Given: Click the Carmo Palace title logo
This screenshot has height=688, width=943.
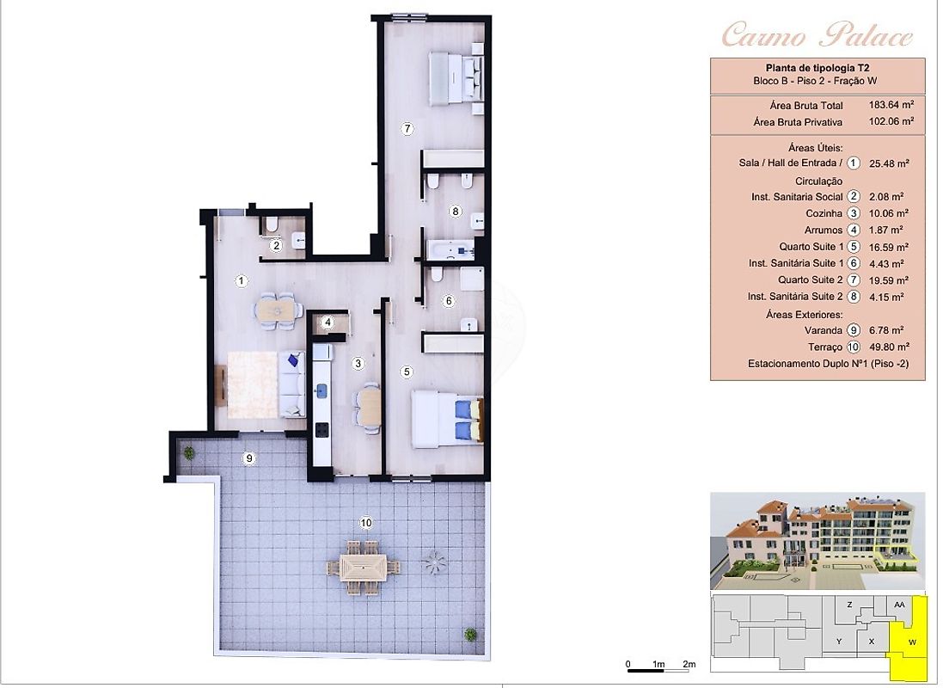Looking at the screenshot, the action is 817,34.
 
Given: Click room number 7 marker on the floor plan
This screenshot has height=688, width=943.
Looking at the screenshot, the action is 407,128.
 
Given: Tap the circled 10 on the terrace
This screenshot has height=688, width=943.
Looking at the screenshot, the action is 365,523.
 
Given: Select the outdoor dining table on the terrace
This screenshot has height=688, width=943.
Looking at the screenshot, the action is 364,568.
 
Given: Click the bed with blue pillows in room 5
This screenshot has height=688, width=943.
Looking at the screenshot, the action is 447,419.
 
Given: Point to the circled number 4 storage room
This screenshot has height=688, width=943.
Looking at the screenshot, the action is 328,322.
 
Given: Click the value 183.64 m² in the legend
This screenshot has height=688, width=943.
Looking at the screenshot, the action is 891,105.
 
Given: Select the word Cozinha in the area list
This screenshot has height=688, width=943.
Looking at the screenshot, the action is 824,213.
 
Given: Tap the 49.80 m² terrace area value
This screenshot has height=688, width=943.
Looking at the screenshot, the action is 889,347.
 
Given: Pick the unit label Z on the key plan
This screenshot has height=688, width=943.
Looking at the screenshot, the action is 849,605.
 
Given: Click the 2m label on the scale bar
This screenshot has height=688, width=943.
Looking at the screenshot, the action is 689,664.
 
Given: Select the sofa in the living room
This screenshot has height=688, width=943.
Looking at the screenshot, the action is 291,384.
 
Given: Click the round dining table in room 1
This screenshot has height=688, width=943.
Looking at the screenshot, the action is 278,310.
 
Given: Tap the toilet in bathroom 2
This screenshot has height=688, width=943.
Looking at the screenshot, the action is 272,225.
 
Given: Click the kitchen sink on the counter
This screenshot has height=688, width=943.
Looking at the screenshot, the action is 321,391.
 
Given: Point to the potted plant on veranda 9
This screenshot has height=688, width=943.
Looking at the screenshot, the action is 189,452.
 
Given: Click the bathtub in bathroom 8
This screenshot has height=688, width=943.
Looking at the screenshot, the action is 450,249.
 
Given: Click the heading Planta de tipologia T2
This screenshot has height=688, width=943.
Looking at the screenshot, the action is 817,68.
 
